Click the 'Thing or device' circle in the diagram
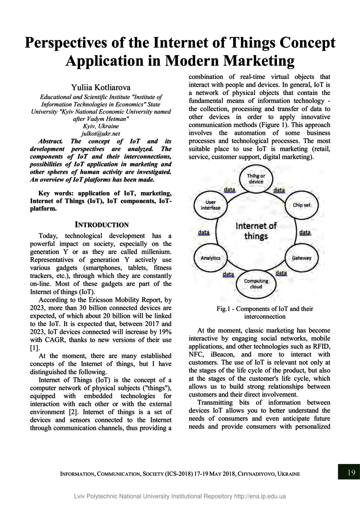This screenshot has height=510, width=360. [256, 178]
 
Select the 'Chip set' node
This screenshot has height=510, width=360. [302, 205]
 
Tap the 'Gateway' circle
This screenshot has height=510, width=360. [302, 258]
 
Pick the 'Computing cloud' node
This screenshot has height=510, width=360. [256, 284]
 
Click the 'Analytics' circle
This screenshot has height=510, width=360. [210, 258]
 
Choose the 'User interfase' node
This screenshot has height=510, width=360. [210, 205]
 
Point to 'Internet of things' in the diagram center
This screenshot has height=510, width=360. [256, 231]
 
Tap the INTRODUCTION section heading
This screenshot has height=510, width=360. [102, 225]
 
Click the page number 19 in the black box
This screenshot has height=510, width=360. [351, 472]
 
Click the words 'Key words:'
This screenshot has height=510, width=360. [55, 193]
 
